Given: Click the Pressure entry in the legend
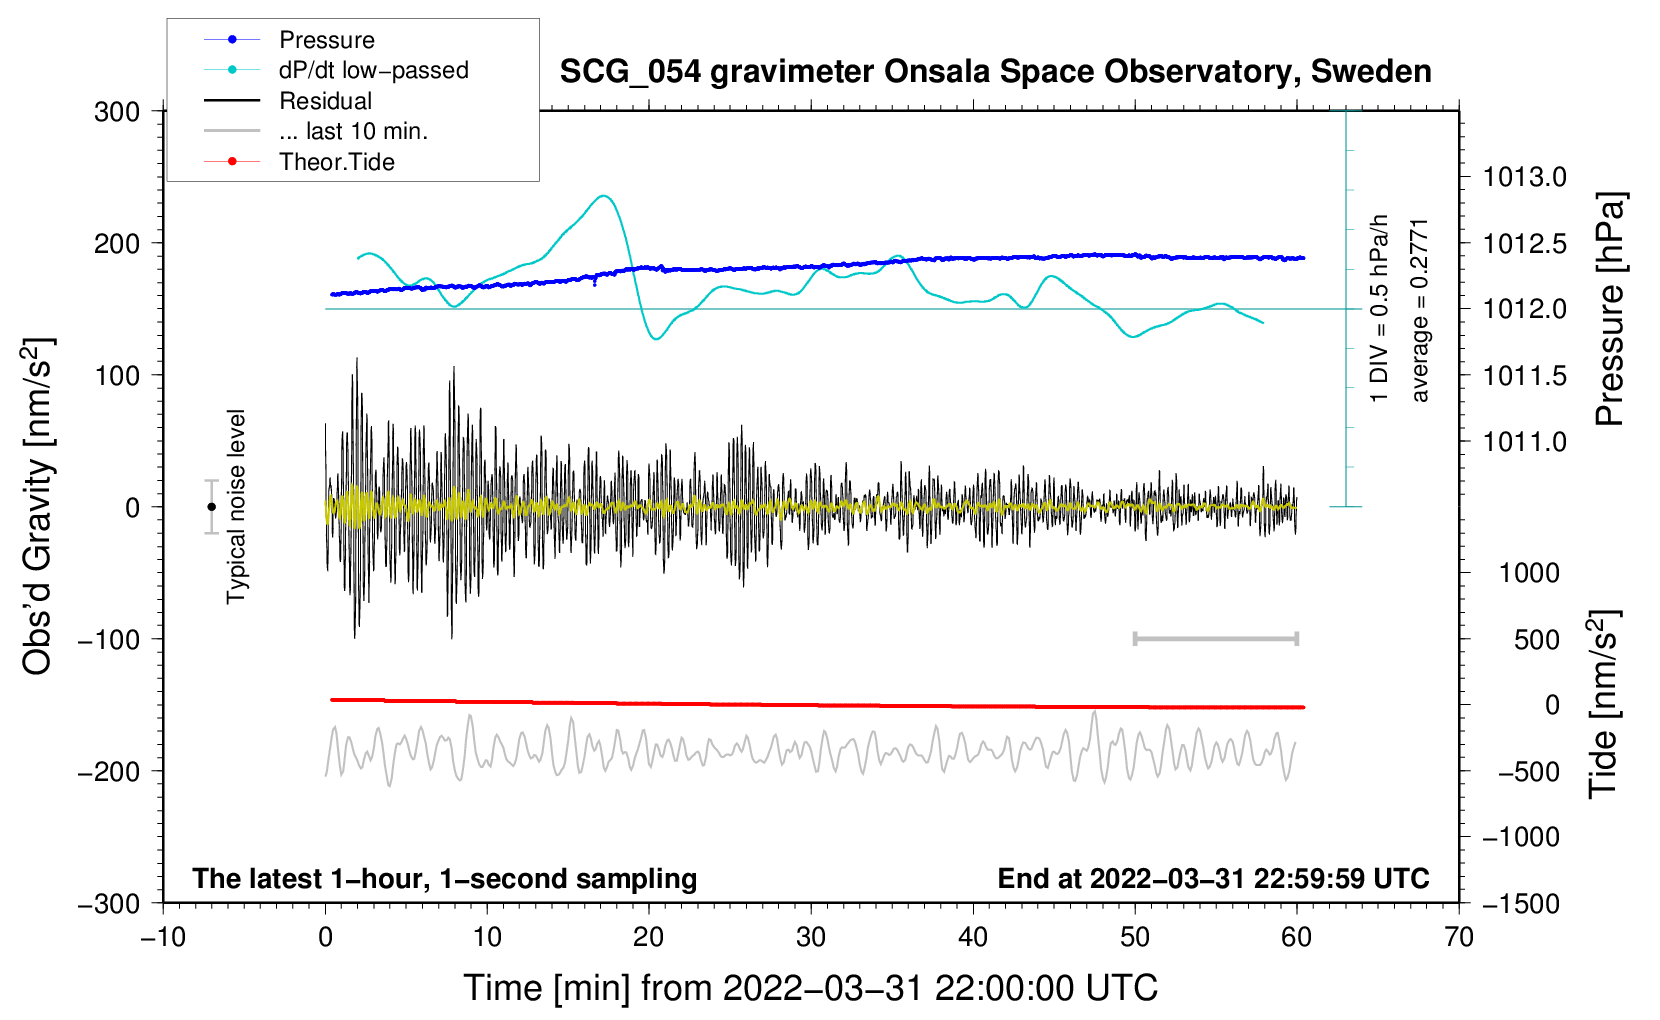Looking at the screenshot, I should pos(326,40).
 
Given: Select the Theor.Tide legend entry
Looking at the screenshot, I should pos(336,162).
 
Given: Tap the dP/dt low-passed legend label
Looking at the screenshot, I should pos(373,70).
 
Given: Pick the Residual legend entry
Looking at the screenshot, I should pos(325,101).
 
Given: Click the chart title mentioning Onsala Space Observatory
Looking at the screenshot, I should pos(995,72).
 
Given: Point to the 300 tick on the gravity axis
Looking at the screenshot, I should pos(117,111).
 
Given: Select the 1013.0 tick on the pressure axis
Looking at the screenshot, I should pos(1524,177).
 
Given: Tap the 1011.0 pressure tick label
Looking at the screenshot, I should pos(1524,441).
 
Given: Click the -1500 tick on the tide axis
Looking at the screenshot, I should pos(1521,903).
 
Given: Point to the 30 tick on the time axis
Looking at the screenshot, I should pos(811,937).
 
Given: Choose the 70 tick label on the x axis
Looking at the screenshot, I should pos(1459,937).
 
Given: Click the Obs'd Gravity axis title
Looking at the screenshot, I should pos(38,507).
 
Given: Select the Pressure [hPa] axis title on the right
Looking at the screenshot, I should pos(1609,309).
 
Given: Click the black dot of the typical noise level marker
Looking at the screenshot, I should pos(211,507).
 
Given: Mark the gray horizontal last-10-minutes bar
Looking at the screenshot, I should pos(1215,638).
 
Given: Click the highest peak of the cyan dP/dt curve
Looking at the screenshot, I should pos(603,196).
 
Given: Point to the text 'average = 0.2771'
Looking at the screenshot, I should pos(1419,310).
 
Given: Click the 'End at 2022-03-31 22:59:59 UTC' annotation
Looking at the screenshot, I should pos(1213,878).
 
